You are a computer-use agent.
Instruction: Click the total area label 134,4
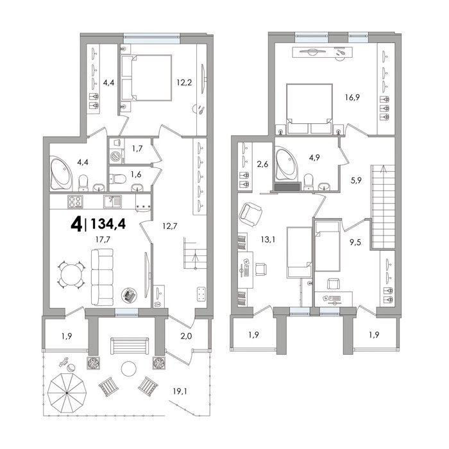(x=108, y=224)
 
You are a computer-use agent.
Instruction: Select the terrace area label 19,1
(x=180, y=391)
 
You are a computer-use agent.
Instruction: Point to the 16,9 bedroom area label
(x=352, y=97)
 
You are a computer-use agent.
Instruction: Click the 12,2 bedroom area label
(x=184, y=83)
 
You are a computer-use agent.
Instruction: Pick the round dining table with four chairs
(x=72, y=275)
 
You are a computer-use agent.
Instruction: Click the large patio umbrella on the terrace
(x=67, y=393)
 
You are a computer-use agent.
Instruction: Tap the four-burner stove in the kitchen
(x=75, y=201)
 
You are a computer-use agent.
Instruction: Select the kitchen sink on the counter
(x=112, y=201)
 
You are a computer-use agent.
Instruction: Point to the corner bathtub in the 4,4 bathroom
(x=62, y=173)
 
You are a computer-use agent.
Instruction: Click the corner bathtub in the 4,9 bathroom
(x=286, y=164)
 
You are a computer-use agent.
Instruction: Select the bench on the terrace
(x=130, y=345)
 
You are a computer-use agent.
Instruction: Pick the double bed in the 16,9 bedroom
(x=309, y=108)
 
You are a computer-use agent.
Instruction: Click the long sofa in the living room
(x=102, y=276)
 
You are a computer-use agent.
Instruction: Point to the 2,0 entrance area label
(x=186, y=335)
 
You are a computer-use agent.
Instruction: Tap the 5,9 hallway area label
(x=356, y=180)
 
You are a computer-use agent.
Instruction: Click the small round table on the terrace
(x=128, y=369)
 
